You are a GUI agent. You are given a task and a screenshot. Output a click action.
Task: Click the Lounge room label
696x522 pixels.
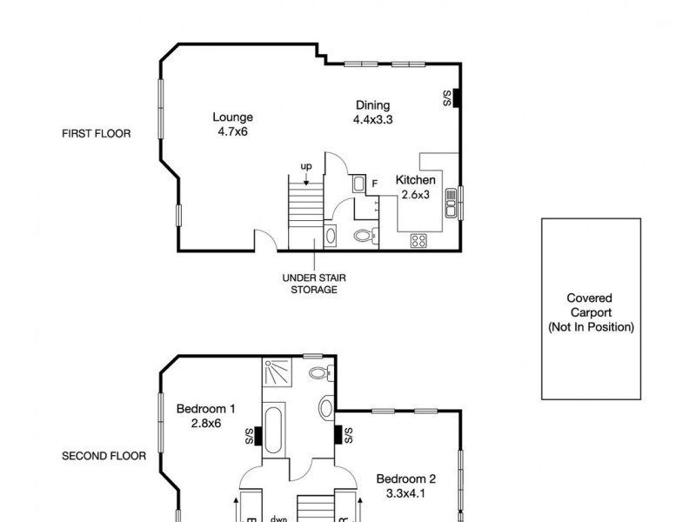(x=232, y=117)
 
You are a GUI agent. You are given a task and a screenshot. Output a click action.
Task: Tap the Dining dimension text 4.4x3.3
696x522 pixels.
(x=373, y=120)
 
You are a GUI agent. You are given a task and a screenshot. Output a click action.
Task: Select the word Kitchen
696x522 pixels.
(x=415, y=180)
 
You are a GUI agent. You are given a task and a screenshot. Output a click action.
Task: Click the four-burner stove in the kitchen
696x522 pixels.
(x=419, y=240)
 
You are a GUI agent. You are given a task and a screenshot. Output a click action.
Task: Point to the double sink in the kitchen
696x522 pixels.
(x=452, y=204)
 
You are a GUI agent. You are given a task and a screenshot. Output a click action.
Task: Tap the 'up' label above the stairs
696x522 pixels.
(x=306, y=166)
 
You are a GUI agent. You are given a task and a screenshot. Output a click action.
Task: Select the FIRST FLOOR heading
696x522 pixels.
(x=96, y=134)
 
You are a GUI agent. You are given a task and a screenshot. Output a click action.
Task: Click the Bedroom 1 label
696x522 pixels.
(x=205, y=409)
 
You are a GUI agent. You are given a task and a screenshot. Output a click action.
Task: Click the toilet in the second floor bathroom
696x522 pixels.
(x=319, y=372)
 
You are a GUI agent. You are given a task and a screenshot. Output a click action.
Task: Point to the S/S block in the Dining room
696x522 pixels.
(x=455, y=98)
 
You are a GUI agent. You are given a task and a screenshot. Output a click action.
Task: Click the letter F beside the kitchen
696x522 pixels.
(x=374, y=184)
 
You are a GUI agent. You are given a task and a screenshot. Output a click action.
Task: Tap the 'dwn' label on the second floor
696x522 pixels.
(x=278, y=519)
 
